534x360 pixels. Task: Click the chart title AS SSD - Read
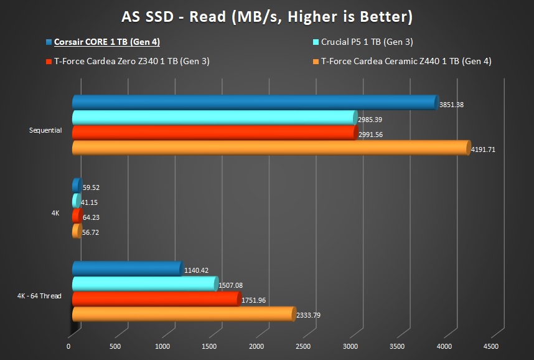pos(266,16)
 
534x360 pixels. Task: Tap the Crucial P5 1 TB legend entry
pos(367,42)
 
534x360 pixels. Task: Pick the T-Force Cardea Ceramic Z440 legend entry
pos(406,61)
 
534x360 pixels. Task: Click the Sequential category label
pos(45,130)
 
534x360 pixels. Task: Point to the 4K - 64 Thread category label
pos(39,295)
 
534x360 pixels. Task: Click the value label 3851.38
pos(451,105)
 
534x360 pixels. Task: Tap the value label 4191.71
pos(482,149)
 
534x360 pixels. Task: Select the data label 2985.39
pos(370,120)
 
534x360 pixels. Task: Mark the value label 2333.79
pos(308,315)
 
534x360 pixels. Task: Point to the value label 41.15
pos(90,203)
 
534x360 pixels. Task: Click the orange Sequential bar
pos(271,148)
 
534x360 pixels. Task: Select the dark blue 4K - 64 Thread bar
pos(127,269)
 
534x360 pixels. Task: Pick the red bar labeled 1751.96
pos(156,299)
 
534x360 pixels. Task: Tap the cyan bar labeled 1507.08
pos(144,284)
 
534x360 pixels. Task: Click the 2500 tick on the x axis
pos(303,346)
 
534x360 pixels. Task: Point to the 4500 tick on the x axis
pos(490,346)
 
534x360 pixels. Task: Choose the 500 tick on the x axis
pos(115,346)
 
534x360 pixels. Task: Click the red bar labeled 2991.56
pos(214,133)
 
